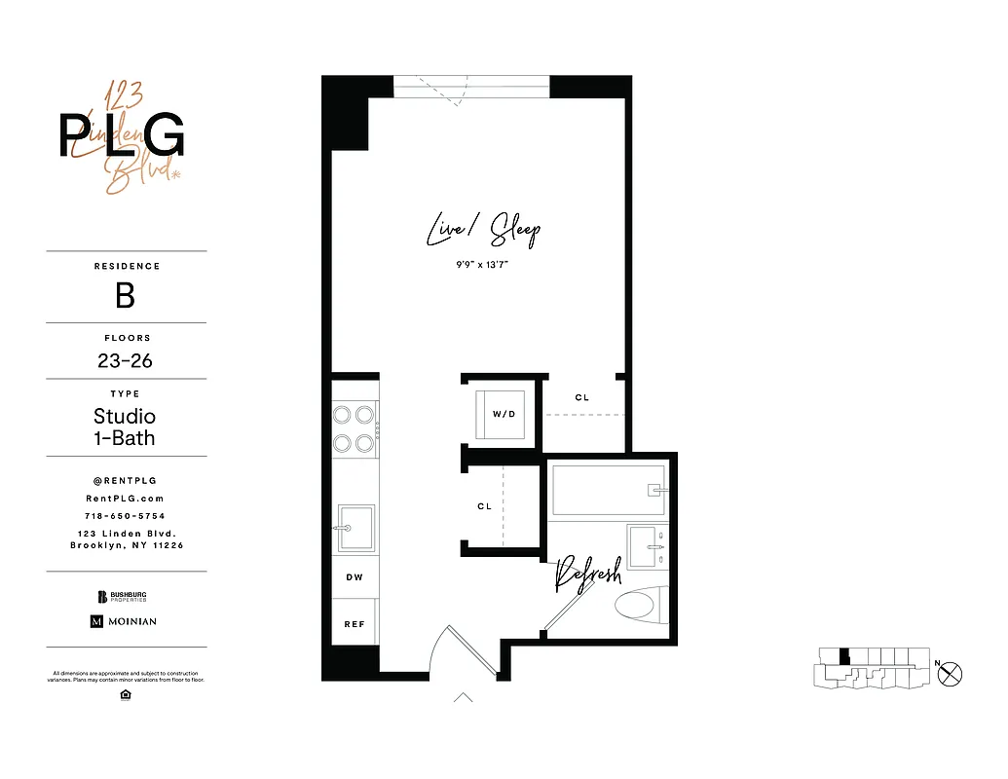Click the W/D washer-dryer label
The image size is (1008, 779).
point(503,414)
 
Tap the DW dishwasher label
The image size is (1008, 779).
point(355,577)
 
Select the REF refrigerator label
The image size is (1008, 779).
point(355,624)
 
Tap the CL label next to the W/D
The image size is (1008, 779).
point(582,397)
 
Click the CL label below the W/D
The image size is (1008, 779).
point(484,506)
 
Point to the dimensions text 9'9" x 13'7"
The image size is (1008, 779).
point(483,264)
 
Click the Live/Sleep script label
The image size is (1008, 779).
point(483,231)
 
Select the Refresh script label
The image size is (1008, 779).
point(587,576)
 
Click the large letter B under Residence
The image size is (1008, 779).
point(126,295)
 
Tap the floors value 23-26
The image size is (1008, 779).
point(126,361)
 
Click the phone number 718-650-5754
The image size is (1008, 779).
point(126,516)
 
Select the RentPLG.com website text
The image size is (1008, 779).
point(126,498)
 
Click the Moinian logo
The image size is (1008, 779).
point(124,621)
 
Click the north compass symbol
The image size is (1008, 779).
point(950,672)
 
